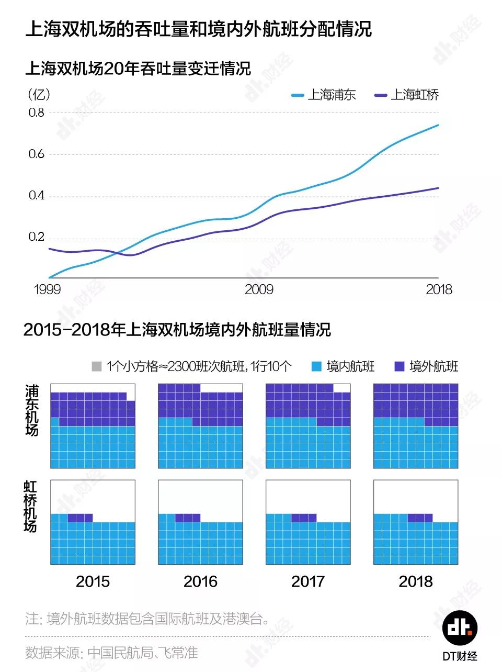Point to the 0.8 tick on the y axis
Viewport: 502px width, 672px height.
(x=37, y=113)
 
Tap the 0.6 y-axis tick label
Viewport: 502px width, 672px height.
(x=37, y=154)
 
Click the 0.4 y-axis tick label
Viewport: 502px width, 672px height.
(x=37, y=196)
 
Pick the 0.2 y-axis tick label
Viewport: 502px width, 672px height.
(x=37, y=237)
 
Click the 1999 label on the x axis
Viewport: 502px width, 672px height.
(x=47, y=289)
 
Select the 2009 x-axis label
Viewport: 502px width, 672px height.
(x=259, y=289)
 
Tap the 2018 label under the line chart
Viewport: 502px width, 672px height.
(x=439, y=289)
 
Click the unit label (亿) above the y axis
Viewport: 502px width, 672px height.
(x=39, y=94)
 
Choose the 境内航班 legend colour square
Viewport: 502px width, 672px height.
(x=316, y=366)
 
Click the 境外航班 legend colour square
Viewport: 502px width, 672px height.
(x=400, y=366)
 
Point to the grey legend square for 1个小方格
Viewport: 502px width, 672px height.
(x=96, y=366)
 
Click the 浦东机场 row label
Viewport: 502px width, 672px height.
(x=32, y=410)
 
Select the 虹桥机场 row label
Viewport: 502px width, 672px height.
(x=31, y=506)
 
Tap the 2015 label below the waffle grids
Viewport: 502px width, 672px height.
(x=93, y=581)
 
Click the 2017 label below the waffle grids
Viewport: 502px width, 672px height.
(x=308, y=581)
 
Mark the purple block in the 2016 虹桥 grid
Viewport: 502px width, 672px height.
(x=188, y=518)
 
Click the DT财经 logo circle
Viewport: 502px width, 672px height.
(x=460, y=627)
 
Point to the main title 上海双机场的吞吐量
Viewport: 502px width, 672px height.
(x=198, y=29)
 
